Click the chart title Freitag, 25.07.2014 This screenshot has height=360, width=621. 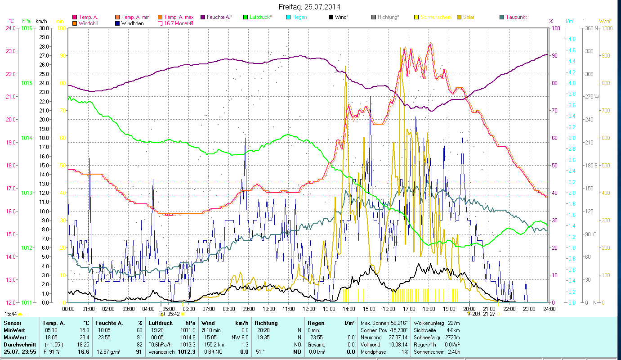point(309,7)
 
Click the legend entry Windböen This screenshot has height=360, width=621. point(132,23)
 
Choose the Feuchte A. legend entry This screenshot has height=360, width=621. point(219,17)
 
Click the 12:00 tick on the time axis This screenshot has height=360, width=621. point(309,309)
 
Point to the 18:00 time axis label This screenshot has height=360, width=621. point(429,309)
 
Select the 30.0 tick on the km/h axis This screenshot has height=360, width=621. point(44,28)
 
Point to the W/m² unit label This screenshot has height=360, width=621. point(605,21)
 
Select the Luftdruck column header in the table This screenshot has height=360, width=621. point(161,323)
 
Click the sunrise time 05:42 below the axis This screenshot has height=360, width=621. point(174,314)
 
